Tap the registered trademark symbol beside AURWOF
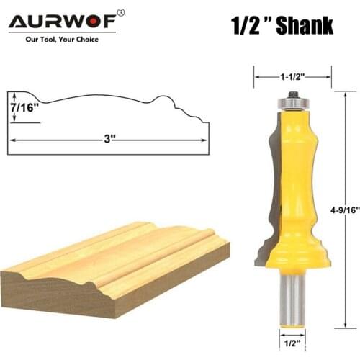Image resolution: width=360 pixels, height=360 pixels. tap(121, 12)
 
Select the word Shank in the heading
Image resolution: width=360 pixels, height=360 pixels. tap(300, 27)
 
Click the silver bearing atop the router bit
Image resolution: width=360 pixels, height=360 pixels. tap(292, 105)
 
